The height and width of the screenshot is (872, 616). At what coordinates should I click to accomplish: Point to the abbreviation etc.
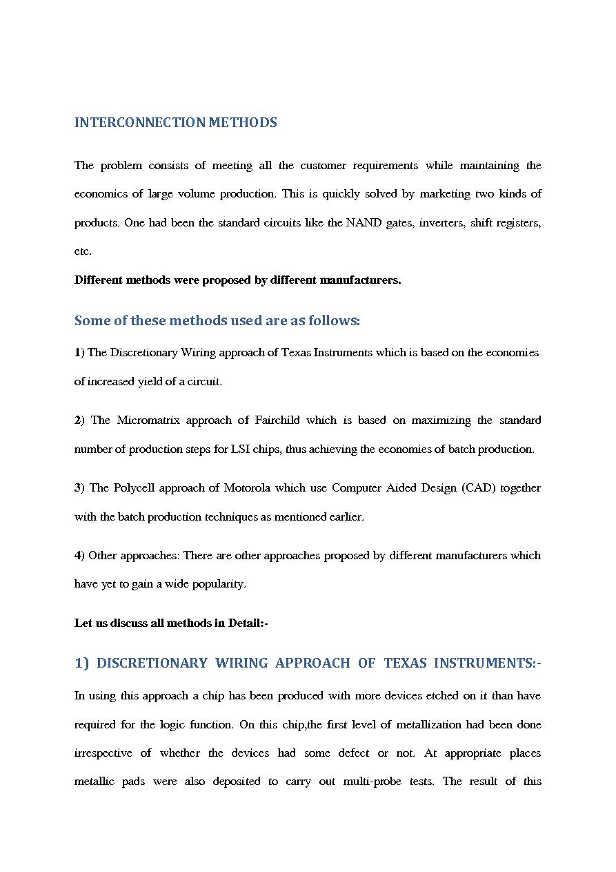(83, 251)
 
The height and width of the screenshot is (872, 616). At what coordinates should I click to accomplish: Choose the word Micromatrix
(148, 420)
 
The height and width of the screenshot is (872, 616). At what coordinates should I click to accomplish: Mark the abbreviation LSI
(239, 449)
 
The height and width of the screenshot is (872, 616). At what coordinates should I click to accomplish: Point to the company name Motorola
(246, 487)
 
